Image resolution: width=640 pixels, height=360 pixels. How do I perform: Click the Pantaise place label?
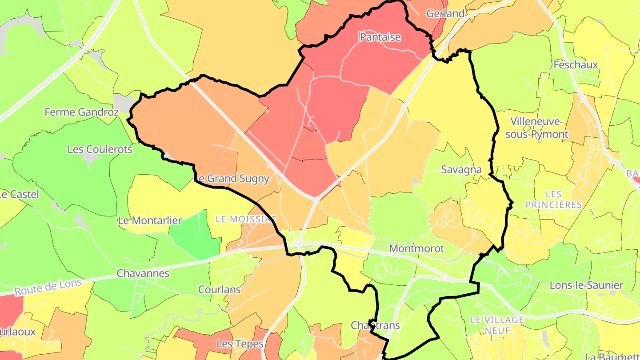point(380,37)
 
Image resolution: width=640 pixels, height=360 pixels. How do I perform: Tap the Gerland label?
point(445,14)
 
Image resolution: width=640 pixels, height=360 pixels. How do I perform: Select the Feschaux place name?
point(576,65)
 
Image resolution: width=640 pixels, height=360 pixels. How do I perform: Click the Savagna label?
point(461,169)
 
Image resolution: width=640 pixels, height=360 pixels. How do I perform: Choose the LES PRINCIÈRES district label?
point(553,200)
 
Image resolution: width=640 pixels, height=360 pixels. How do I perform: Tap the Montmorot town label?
point(416,248)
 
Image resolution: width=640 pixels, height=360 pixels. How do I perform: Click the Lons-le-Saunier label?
point(587,285)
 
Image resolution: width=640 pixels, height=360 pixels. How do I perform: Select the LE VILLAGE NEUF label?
point(497,325)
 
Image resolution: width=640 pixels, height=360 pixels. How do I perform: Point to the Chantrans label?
point(375,325)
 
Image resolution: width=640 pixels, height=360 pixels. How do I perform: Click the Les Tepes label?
point(240,344)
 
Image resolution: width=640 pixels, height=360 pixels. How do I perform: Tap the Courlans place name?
point(219,290)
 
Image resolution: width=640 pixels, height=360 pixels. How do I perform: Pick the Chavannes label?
point(143,273)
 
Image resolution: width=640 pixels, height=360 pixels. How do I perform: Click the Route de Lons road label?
point(48,287)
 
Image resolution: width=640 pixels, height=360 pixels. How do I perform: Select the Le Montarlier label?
point(150,220)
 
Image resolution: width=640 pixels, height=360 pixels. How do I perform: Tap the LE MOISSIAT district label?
point(246,219)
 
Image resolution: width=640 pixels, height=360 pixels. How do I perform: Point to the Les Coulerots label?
point(100,149)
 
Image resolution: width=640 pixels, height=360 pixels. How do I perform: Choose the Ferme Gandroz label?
point(81,112)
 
